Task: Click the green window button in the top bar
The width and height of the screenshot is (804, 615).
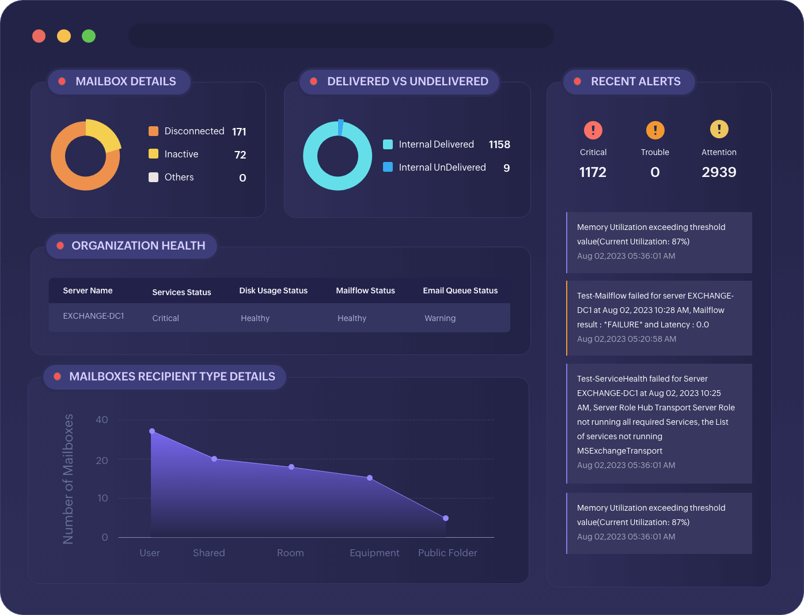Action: click(89, 36)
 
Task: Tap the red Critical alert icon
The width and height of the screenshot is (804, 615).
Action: click(593, 130)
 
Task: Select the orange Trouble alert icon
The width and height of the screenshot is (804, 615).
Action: click(655, 130)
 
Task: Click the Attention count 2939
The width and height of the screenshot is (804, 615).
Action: click(719, 172)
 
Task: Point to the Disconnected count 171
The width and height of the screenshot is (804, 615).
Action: click(239, 132)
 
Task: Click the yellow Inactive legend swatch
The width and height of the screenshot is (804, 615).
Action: click(153, 154)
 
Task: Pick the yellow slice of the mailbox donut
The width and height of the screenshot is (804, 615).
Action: click(104, 134)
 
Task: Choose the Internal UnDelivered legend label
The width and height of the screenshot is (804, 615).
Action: click(442, 167)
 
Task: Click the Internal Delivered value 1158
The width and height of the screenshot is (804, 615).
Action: click(499, 145)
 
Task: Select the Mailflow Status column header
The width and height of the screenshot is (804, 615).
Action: click(365, 290)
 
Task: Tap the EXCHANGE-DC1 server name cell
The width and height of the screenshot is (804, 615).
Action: click(93, 316)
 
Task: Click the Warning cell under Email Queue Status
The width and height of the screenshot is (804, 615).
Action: click(440, 318)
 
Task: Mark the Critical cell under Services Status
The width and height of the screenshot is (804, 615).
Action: click(165, 318)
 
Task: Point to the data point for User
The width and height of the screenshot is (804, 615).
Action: click(152, 431)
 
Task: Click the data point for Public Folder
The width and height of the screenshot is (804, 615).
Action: click(446, 518)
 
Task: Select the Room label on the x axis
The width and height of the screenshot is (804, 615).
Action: click(290, 553)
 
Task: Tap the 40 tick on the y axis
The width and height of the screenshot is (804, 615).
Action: click(102, 420)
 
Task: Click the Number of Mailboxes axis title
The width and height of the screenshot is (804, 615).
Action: click(69, 478)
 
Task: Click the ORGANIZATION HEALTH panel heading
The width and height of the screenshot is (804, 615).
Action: click(138, 246)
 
